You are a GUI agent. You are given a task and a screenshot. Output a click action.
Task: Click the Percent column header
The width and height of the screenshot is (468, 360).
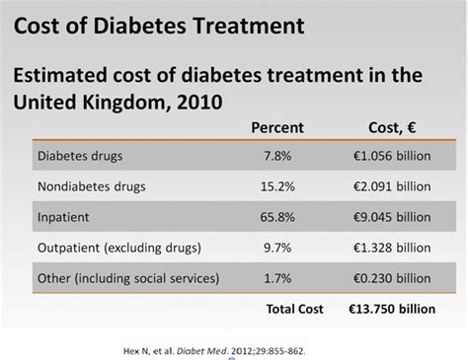click(279, 128)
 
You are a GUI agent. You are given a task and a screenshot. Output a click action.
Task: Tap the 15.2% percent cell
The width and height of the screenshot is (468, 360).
click(279, 183)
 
